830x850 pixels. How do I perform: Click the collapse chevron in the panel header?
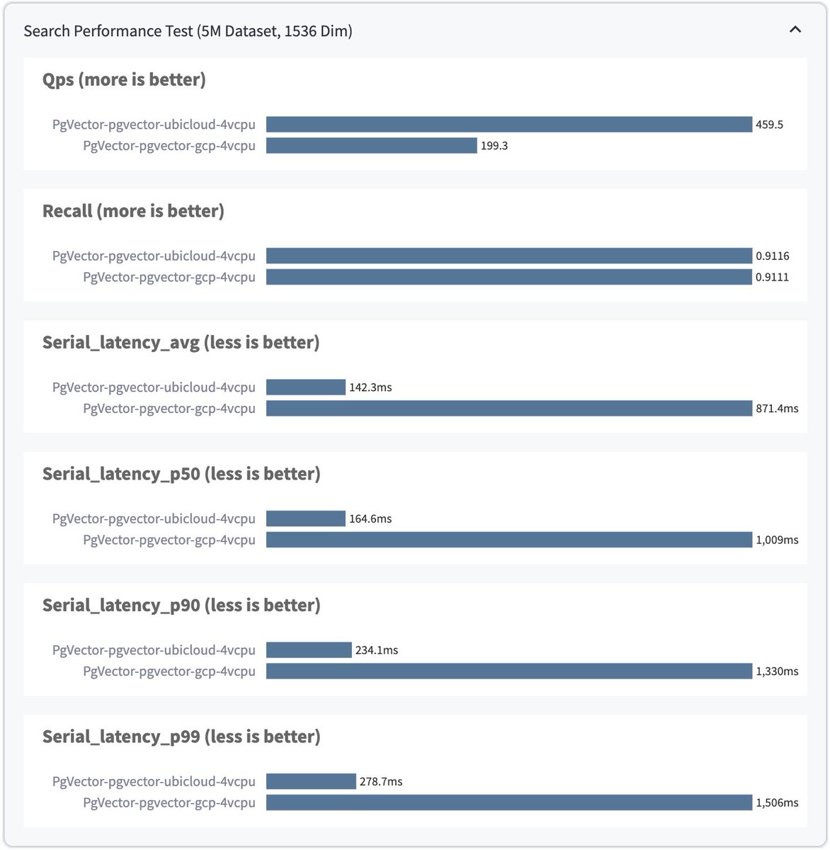(x=795, y=30)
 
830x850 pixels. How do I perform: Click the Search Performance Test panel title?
(x=188, y=31)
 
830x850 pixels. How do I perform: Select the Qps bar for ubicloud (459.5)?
(x=508, y=125)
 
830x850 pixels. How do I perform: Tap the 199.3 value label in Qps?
(x=494, y=146)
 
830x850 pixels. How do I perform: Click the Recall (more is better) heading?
(x=133, y=211)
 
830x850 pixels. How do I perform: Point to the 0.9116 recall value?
(x=772, y=256)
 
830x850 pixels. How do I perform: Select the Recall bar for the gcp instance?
(x=508, y=277)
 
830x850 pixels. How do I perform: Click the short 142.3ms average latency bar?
(x=305, y=387)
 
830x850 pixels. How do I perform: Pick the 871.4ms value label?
(x=776, y=409)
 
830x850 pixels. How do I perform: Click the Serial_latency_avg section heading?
(x=181, y=343)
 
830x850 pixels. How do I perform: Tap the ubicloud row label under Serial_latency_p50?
(x=154, y=518)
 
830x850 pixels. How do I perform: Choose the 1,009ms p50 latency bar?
(x=508, y=540)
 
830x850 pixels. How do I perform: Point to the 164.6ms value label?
(x=370, y=519)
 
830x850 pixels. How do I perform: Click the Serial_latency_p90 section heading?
(x=181, y=606)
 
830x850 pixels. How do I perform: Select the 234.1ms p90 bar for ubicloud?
(x=309, y=650)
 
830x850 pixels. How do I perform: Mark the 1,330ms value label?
(x=776, y=671)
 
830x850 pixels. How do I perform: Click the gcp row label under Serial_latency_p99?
(x=169, y=803)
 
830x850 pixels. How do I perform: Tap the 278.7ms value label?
(x=380, y=782)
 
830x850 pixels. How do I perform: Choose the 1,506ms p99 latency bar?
(x=508, y=803)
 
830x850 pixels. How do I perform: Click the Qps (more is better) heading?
(x=124, y=80)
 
